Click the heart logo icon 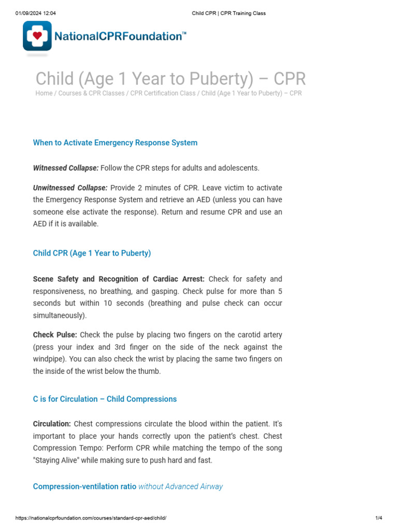pos(37,36)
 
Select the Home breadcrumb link pos(44,93)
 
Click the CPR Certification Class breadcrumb pos(163,93)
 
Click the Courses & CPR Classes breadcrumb pos(91,93)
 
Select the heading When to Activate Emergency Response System pos(115,143)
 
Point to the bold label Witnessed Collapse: pos(65,168)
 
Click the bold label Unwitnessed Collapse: pos(70,188)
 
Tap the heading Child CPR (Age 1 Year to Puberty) pos(92,253)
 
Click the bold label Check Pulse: pos(55,335)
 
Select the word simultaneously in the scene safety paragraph pos(58,315)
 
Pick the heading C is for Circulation pos(105,399)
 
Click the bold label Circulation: pos(52,424)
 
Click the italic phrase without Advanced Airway pos(180,486)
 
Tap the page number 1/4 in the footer pos(378,518)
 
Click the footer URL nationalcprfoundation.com pos(91,518)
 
